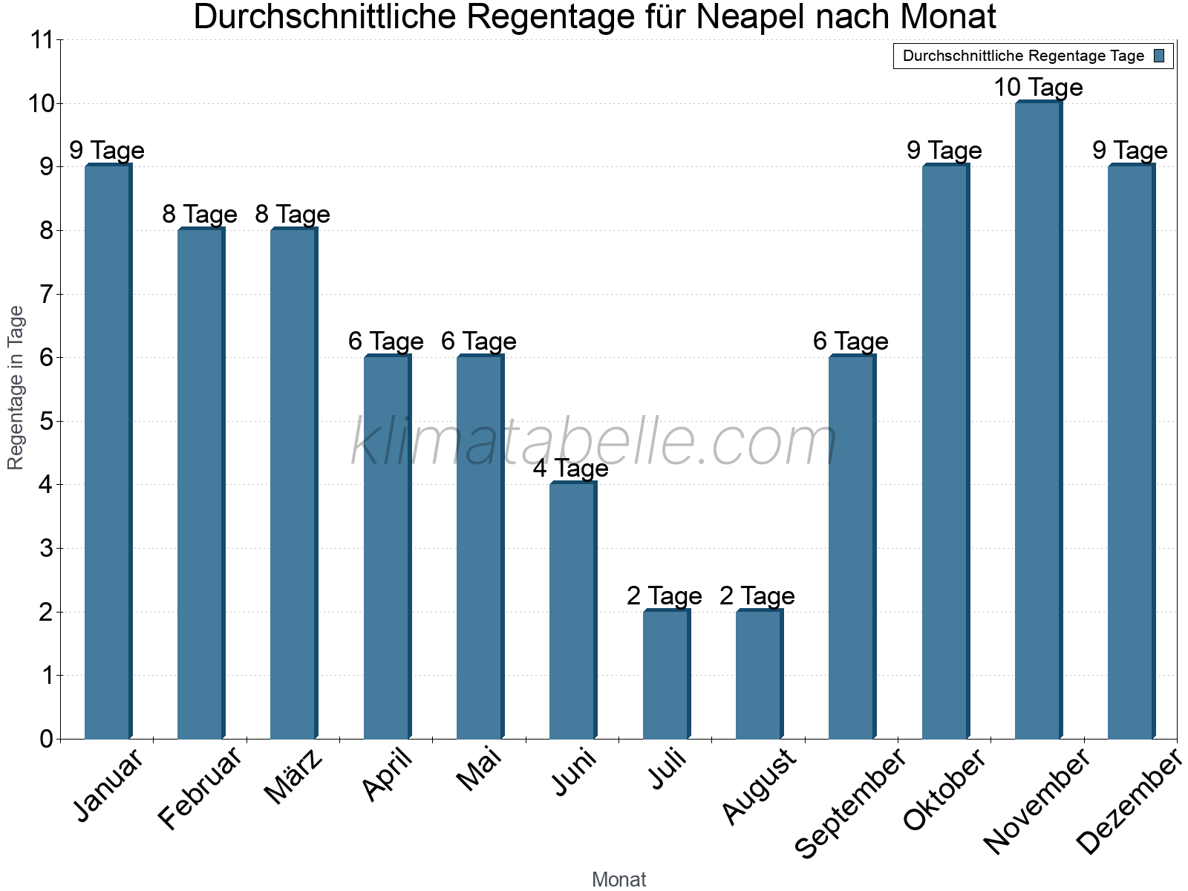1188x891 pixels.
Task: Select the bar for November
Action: pyautogui.click(x=1037, y=420)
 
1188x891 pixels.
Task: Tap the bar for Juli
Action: pyautogui.click(x=665, y=674)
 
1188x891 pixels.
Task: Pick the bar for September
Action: pyautogui.click(x=851, y=547)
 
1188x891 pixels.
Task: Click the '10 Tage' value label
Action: pyautogui.click(x=1038, y=88)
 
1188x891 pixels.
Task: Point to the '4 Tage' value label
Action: pyautogui.click(x=570, y=469)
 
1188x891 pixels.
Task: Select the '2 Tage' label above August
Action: pyautogui.click(x=757, y=596)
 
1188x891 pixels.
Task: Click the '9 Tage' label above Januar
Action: pyautogui.click(x=107, y=151)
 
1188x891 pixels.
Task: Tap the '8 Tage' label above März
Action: pyautogui.click(x=293, y=215)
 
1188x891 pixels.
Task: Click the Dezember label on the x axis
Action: pyautogui.click(x=1127, y=802)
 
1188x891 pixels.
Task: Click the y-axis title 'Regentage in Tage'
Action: pyautogui.click(x=16, y=388)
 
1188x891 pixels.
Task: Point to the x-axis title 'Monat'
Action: pyautogui.click(x=619, y=880)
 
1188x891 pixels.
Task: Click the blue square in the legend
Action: pyautogui.click(x=1159, y=56)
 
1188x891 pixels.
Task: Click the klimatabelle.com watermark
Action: pyautogui.click(x=594, y=443)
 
